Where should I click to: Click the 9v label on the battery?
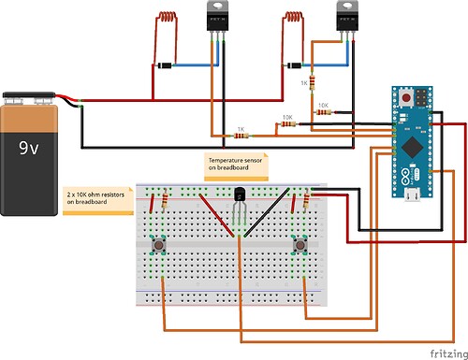(37, 147)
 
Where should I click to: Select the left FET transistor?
(220, 19)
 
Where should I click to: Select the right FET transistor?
(349, 19)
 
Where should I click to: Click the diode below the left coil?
(165, 65)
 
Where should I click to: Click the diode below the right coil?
(295, 65)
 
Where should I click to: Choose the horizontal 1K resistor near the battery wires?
(241, 136)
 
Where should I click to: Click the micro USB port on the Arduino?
(411, 195)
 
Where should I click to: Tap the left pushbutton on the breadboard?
(160, 246)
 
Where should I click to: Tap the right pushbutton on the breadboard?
(301, 246)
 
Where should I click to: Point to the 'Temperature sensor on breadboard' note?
(236, 166)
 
